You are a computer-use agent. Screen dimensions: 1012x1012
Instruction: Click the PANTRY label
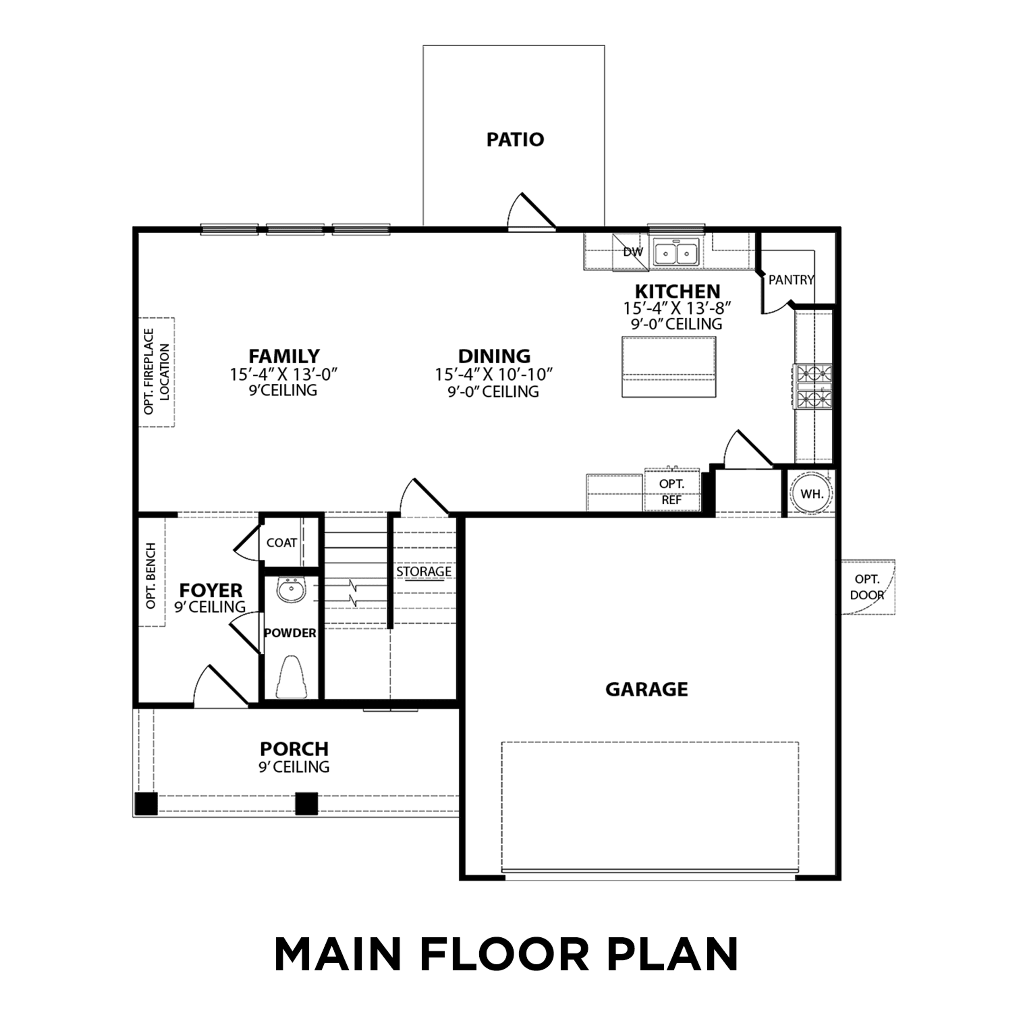[791, 280]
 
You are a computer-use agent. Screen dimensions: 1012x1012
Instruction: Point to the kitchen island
[669, 367]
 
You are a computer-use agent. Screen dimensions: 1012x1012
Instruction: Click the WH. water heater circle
[811, 493]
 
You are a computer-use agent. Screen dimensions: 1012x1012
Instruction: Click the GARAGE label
[646, 689]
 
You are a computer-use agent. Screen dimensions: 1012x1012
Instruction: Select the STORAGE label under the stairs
[424, 571]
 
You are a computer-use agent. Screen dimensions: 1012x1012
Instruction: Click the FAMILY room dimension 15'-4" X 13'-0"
[283, 374]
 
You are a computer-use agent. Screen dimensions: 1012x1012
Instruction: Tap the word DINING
[494, 356]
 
